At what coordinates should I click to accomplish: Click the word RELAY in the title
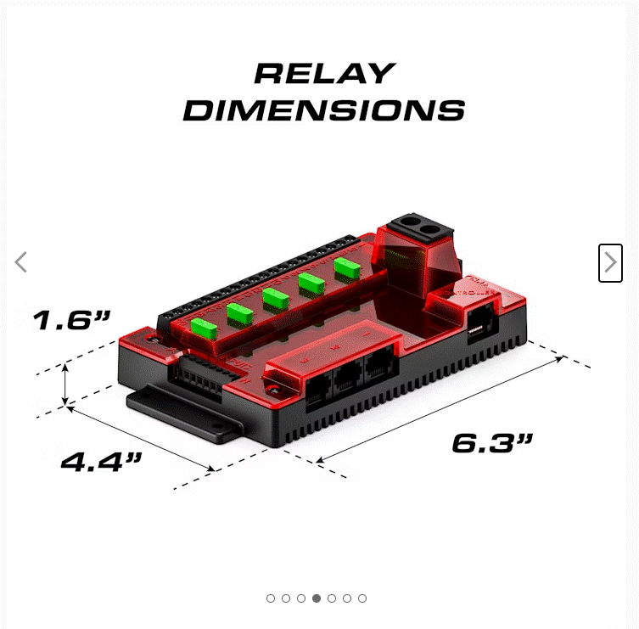tap(324, 74)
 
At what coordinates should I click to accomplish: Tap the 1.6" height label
tap(72, 321)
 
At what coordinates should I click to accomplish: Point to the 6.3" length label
tap(492, 442)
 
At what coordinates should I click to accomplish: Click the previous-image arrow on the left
tap(21, 262)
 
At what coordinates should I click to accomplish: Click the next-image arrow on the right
tap(610, 263)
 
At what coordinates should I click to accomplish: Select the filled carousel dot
tap(317, 598)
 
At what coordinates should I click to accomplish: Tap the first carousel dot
tap(271, 598)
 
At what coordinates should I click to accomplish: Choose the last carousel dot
tap(362, 598)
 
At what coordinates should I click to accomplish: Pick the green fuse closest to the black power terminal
tap(346, 267)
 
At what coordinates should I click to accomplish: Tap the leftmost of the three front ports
tap(319, 391)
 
